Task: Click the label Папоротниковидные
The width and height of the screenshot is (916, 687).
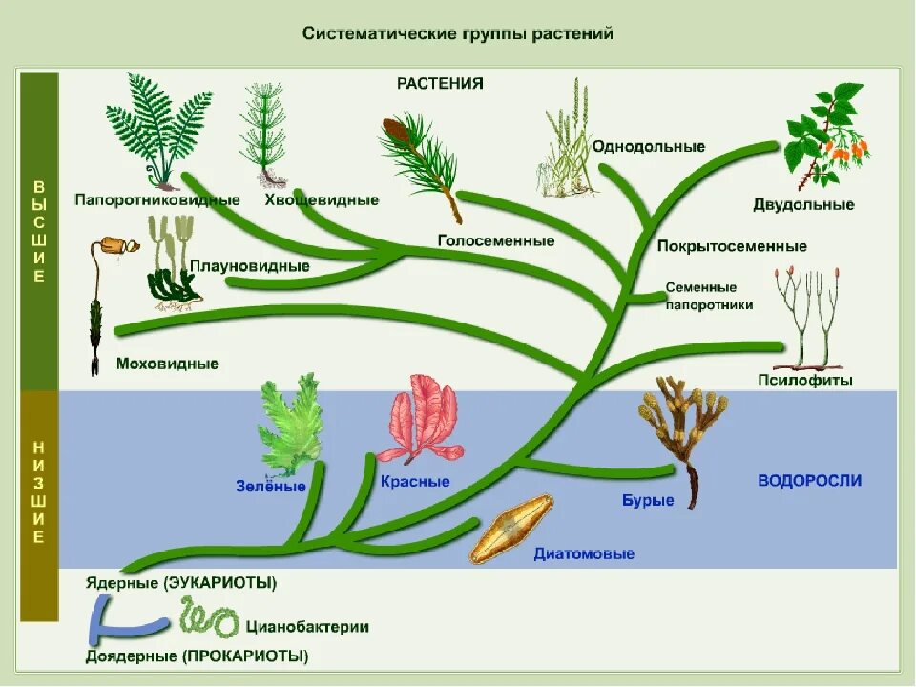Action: pos(156,200)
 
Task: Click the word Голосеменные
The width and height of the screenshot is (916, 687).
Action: pos(496,241)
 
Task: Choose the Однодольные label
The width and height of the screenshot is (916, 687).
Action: pos(648,147)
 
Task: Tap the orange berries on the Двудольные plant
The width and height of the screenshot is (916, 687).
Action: pos(848,151)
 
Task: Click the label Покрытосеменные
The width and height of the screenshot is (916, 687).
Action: pos(732,247)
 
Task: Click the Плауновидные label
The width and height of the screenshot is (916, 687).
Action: pos(249,266)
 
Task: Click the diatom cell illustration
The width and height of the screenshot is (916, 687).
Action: pos(511,529)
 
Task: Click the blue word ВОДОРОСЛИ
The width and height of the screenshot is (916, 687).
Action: pos(809,480)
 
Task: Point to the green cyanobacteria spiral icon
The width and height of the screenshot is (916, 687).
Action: pos(209,621)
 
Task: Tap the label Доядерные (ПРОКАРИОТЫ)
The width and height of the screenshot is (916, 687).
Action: pos(197,656)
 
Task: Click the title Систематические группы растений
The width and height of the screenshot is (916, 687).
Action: pos(457,33)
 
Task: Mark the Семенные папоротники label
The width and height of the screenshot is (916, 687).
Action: pos(709,296)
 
